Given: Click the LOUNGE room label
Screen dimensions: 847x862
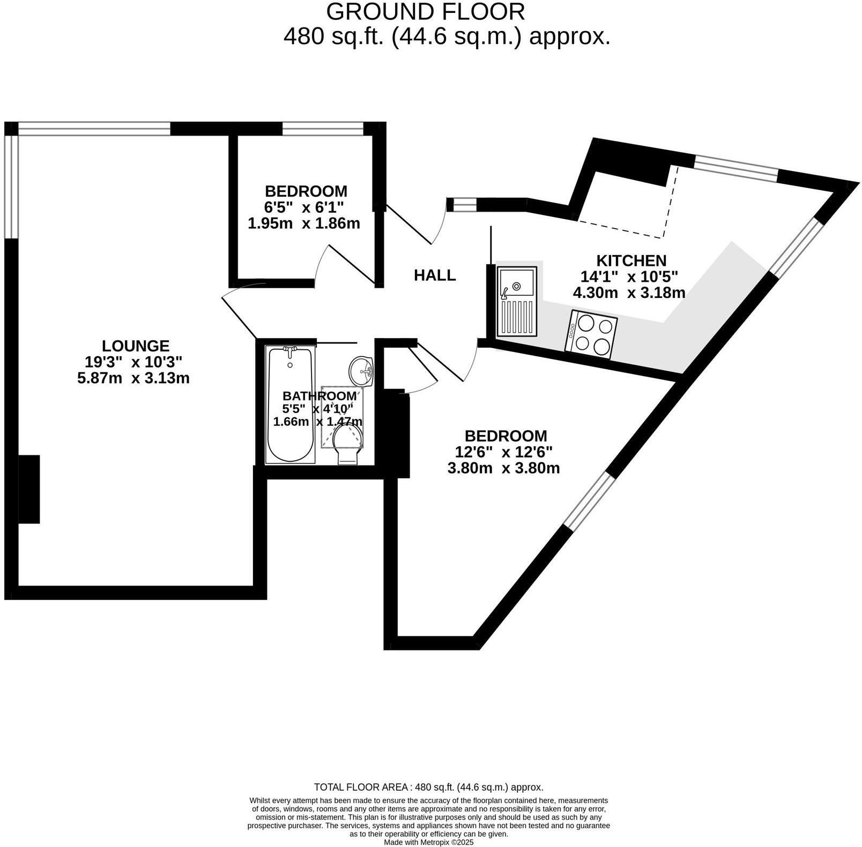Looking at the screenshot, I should (x=136, y=346).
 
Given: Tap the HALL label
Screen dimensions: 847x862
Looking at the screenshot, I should (x=435, y=275).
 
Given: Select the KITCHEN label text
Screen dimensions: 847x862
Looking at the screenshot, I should (x=631, y=261).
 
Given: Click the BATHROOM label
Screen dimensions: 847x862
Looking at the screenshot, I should (x=319, y=396).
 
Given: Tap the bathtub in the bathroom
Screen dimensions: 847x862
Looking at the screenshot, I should (x=291, y=404).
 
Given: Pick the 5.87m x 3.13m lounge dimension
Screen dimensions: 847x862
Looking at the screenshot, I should (x=133, y=378).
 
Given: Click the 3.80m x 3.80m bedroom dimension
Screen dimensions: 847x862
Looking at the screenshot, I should (x=503, y=468).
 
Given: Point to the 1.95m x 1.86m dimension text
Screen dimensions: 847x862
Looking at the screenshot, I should (x=304, y=223).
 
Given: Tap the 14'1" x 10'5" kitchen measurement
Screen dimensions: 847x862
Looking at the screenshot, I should (x=629, y=277).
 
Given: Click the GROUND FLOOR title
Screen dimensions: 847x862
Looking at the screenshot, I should (x=425, y=12).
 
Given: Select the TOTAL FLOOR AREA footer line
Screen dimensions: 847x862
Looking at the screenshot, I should (x=428, y=787).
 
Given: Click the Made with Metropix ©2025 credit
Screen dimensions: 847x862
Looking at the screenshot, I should (x=429, y=842).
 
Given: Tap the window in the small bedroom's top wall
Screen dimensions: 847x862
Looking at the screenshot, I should (x=323, y=129).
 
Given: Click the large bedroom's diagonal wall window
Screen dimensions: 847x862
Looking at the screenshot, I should (x=588, y=500).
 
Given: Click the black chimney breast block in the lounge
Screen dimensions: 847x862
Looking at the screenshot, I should (x=29, y=489).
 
